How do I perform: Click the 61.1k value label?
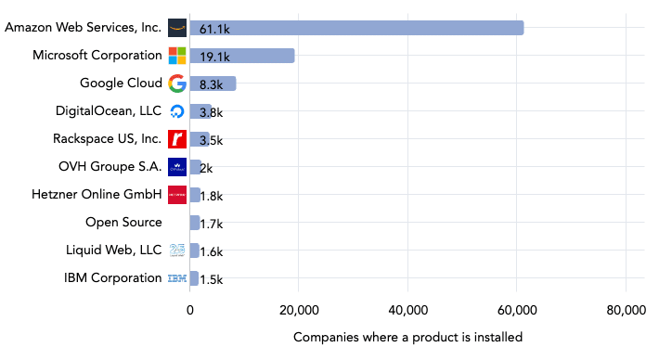pyautogui.click(x=214, y=29)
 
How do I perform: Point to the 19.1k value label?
pyautogui.click(x=214, y=57)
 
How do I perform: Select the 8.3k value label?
pyautogui.click(x=212, y=84)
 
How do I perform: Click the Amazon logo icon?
pyautogui.click(x=177, y=28)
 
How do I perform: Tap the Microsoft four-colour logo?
pyautogui.click(x=177, y=56)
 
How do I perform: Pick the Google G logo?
pyautogui.click(x=177, y=84)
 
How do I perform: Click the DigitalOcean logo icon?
pyautogui.click(x=177, y=111)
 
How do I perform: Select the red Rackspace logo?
pyautogui.click(x=177, y=139)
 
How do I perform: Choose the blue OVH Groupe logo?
pyautogui.click(x=177, y=167)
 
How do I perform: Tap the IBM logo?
pyautogui.click(x=177, y=278)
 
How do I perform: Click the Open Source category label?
pyautogui.click(x=123, y=223)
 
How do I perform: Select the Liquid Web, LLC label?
pyautogui.click(x=113, y=251)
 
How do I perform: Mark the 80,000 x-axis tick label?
pyautogui.click(x=625, y=311)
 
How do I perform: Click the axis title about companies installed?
pyautogui.click(x=407, y=337)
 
